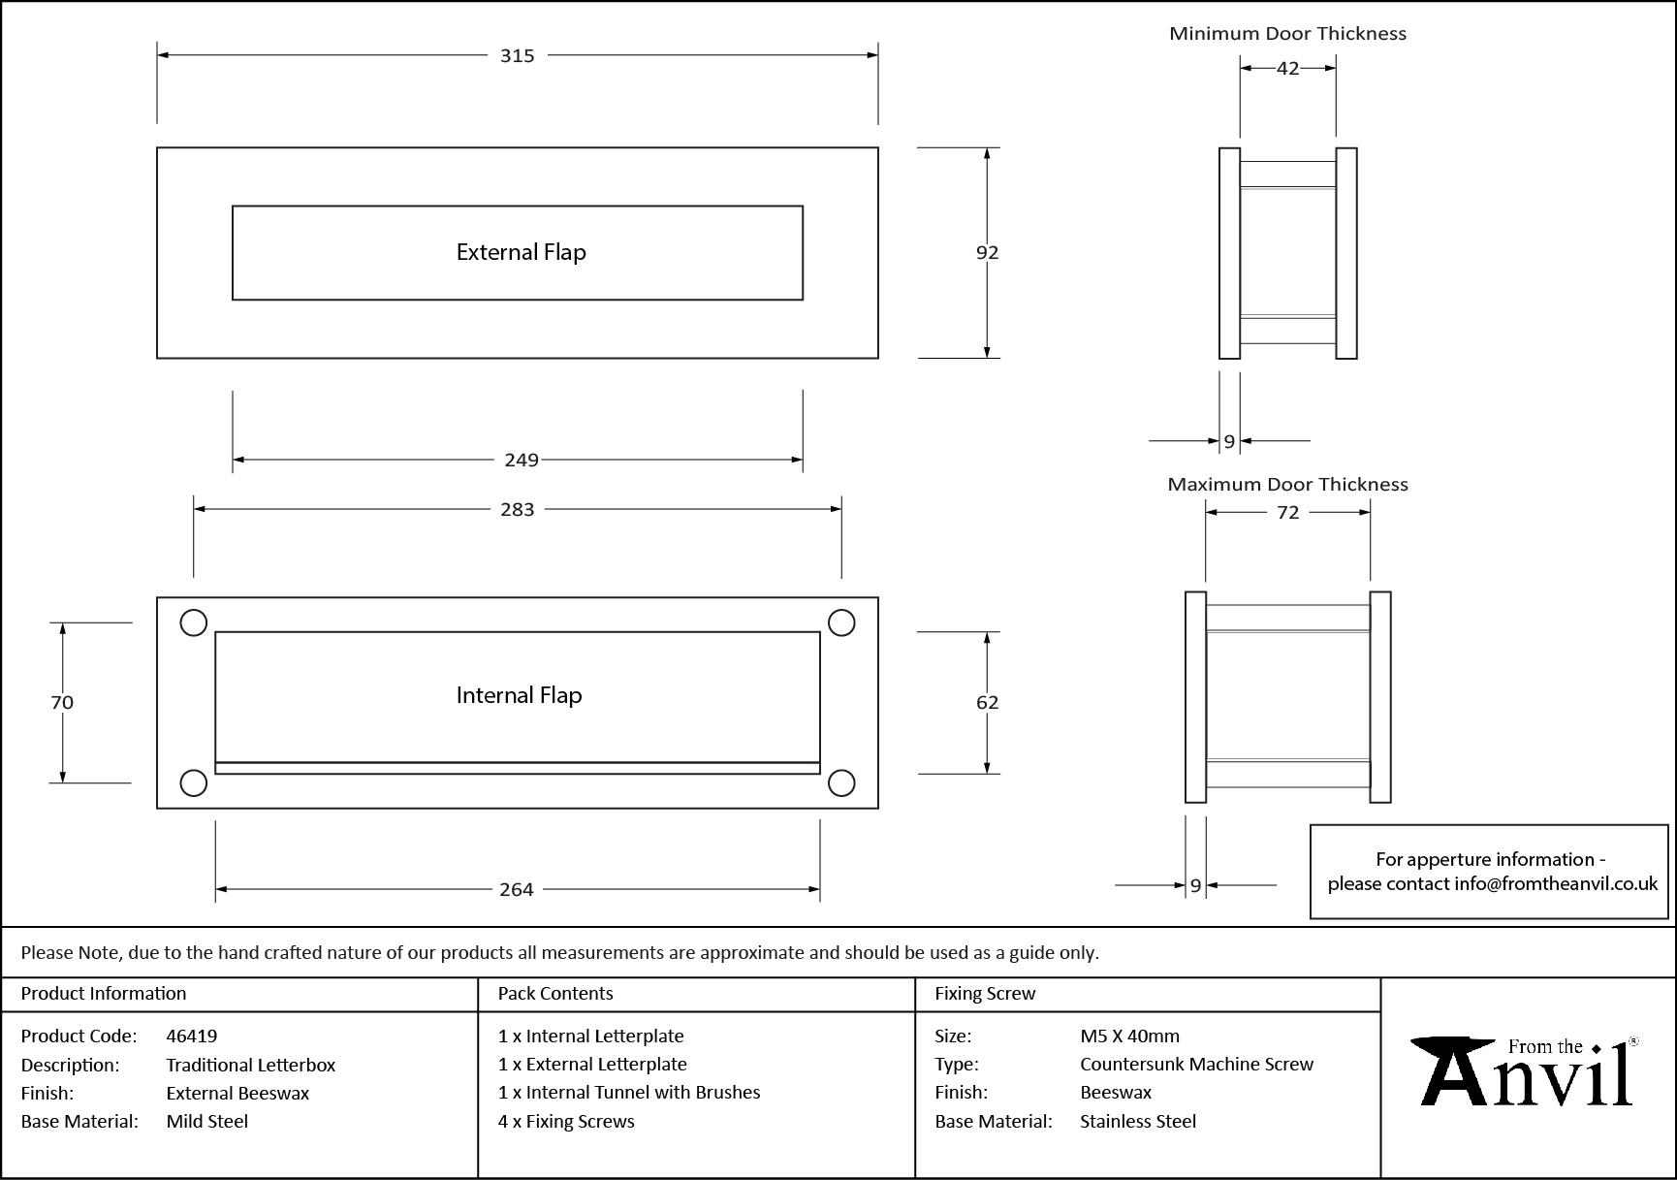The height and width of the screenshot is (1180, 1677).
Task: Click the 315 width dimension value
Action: tap(517, 56)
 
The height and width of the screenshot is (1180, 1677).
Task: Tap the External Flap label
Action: tap(521, 252)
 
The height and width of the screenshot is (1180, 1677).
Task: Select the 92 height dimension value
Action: tap(987, 252)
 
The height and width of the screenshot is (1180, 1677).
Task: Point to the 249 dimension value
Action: tap(521, 460)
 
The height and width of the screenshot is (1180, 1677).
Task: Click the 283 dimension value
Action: tap(517, 509)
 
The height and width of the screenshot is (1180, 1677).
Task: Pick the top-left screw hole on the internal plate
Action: tap(194, 622)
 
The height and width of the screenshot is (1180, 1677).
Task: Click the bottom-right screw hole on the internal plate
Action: tap(841, 782)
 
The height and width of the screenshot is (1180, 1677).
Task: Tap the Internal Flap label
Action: tap(519, 695)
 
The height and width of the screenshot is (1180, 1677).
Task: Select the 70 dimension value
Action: tap(62, 702)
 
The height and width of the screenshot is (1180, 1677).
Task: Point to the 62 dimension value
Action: tap(987, 702)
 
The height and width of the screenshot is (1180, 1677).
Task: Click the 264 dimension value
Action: tap(516, 889)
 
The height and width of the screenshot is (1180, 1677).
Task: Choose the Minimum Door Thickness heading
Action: tap(1287, 34)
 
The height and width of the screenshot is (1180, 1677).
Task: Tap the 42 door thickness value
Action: tap(1287, 68)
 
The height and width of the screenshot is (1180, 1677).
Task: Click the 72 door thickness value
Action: tap(1287, 512)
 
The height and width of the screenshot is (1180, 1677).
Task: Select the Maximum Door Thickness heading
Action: tap(1287, 484)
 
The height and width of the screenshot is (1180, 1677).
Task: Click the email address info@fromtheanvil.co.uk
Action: tap(1556, 883)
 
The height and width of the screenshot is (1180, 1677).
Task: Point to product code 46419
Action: tap(192, 1036)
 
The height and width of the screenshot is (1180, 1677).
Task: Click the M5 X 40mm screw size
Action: tap(1129, 1036)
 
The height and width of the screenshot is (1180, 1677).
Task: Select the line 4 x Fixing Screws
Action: tap(566, 1121)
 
